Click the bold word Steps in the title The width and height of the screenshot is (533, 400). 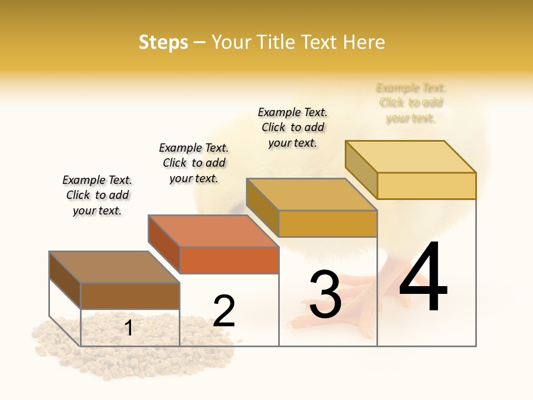click(163, 42)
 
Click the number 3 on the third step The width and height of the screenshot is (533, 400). click(325, 294)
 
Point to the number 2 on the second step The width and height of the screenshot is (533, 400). click(224, 311)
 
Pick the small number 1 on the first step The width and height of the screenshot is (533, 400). click(129, 328)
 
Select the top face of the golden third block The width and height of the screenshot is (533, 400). click(311, 194)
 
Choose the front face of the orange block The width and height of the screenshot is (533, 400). click(229, 260)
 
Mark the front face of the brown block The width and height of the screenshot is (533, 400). click(130, 296)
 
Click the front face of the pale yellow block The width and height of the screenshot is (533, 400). click(426, 186)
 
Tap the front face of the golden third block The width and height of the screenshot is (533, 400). click(328, 223)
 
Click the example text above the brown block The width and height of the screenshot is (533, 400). click(97, 195)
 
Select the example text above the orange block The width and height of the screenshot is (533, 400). click(194, 163)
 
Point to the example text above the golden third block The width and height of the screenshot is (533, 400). click(293, 127)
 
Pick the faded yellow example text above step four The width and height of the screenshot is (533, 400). click(411, 103)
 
